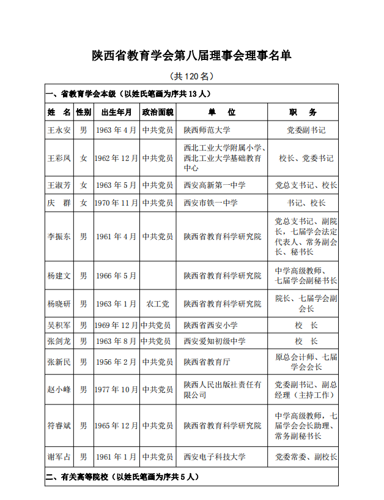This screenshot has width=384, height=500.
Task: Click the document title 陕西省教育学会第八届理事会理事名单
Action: pyautogui.click(x=191, y=56)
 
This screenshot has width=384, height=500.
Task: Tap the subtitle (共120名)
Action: pyautogui.click(x=191, y=76)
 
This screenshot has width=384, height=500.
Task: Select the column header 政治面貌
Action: pyautogui.click(x=158, y=112)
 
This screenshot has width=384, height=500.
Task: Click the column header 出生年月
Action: pyautogui.click(x=116, y=112)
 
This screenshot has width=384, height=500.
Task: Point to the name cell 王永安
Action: pyautogui.click(x=59, y=130)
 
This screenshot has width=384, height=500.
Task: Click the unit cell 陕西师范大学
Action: pyautogui.click(x=207, y=130)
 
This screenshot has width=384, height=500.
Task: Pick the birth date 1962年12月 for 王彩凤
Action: pyautogui.click(x=116, y=158)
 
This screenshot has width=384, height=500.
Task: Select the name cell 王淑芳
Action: pyautogui.click(x=59, y=185)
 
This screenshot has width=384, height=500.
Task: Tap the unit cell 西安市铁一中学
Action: pyautogui.click(x=211, y=203)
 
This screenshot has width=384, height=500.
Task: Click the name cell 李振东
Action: pyautogui.click(x=59, y=236)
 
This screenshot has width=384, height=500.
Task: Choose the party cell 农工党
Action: pyautogui.click(x=158, y=304)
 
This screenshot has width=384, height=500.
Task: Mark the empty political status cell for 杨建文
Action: pyautogui.click(x=158, y=275)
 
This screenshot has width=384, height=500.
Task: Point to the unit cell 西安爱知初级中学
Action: pyautogui.click(x=215, y=341)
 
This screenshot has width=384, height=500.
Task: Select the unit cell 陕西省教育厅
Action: pyautogui.click(x=207, y=362)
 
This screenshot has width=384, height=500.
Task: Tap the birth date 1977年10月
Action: pyautogui.click(x=116, y=389)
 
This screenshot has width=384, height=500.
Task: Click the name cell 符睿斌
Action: pyautogui.click(x=59, y=425)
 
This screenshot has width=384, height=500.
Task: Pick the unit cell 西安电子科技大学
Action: pyautogui.click(x=215, y=457)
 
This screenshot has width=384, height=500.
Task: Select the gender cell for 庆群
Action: pyautogui.click(x=83, y=203)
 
